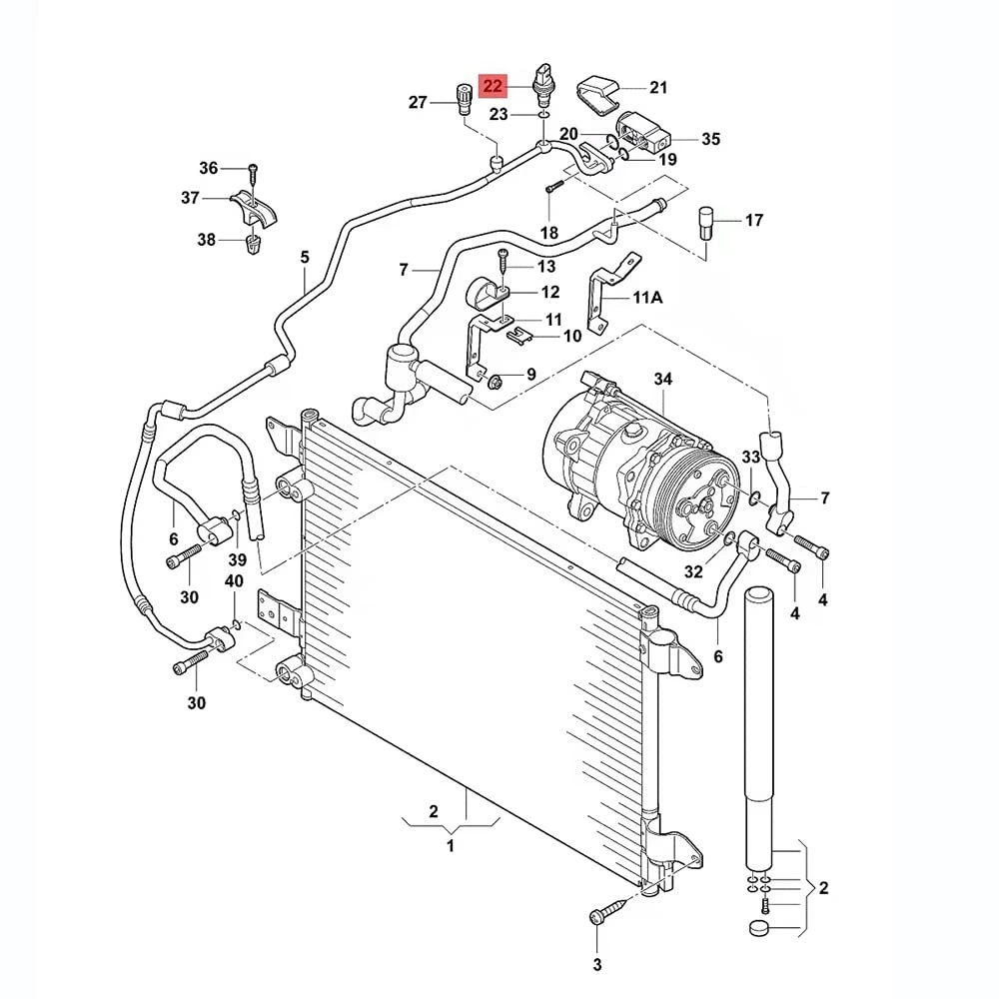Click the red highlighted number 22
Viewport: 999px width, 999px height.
pyautogui.click(x=494, y=86)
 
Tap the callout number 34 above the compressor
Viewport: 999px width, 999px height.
pyautogui.click(x=663, y=379)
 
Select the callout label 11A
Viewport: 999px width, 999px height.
pyautogui.click(x=648, y=297)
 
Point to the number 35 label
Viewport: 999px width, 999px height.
pyautogui.click(x=710, y=139)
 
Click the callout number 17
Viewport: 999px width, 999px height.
pyautogui.click(x=753, y=221)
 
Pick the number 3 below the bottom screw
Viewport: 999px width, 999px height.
pyautogui.click(x=597, y=965)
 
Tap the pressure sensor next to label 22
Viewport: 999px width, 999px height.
pyautogui.click(x=543, y=85)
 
